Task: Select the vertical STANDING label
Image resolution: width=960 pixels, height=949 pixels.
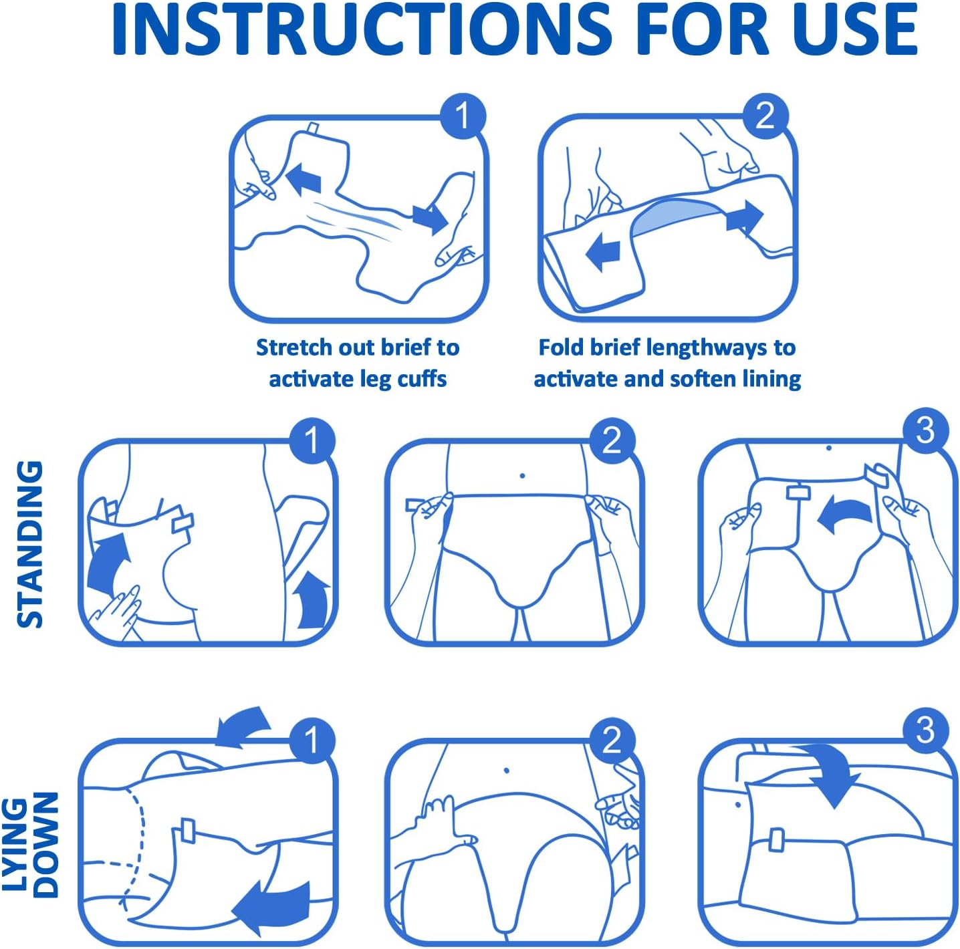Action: point(29,544)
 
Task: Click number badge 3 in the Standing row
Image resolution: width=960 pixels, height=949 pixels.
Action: point(925,431)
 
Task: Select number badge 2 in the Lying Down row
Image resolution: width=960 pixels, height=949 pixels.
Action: point(612,740)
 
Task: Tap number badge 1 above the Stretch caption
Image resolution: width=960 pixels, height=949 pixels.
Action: point(462,116)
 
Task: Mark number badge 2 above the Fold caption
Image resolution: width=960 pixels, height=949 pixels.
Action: point(765,116)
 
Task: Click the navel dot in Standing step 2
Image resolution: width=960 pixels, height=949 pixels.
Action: point(521,476)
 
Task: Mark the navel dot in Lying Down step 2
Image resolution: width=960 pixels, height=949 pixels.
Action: point(506,771)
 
